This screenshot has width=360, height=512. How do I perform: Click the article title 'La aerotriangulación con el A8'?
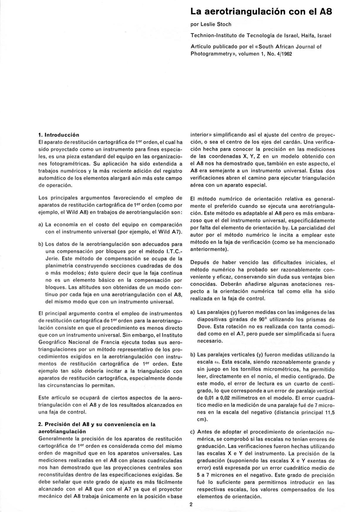point(261,11)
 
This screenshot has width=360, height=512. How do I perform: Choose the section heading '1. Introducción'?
point(59,135)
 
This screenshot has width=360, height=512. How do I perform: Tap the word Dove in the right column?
point(203,327)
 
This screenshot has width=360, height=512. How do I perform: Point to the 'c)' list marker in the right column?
point(193,432)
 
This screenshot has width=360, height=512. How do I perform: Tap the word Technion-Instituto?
point(214,36)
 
